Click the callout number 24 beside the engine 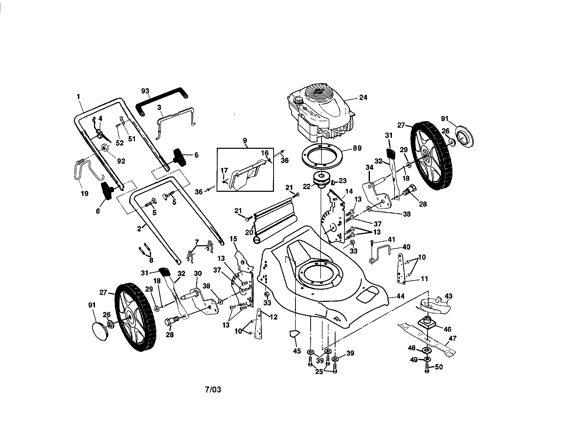[363, 97]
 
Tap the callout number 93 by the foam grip [145, 91]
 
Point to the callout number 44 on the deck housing [400, 296]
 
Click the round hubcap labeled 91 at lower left [100, 331]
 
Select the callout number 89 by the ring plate [357, 148]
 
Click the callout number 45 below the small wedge [297, 351]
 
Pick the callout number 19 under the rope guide [84, 193]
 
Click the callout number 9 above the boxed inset [245, 140]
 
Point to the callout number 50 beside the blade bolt [439, 367]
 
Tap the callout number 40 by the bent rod [406, 247]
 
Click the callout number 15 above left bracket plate [233, 238]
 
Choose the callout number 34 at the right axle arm [369, 167]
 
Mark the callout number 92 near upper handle [121, 161]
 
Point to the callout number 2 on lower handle [139, 229]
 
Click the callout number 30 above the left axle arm [198, 273]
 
